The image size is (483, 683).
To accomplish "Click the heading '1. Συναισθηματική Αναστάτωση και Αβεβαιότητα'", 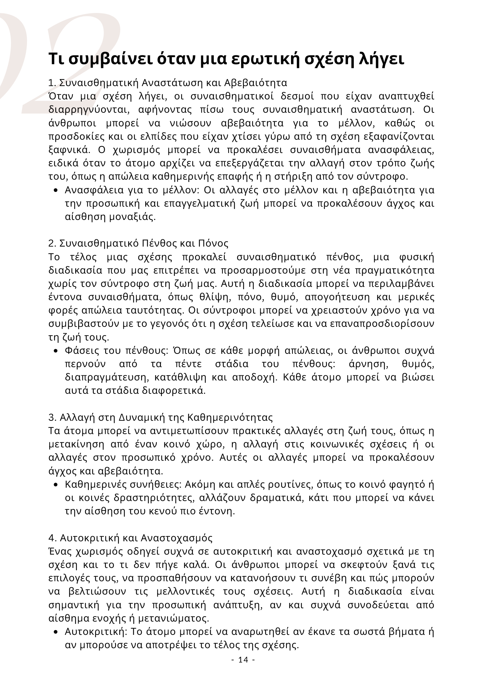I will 168,83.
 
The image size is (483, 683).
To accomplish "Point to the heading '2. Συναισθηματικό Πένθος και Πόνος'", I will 138,243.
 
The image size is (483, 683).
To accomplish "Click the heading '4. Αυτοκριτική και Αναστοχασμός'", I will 130,538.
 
